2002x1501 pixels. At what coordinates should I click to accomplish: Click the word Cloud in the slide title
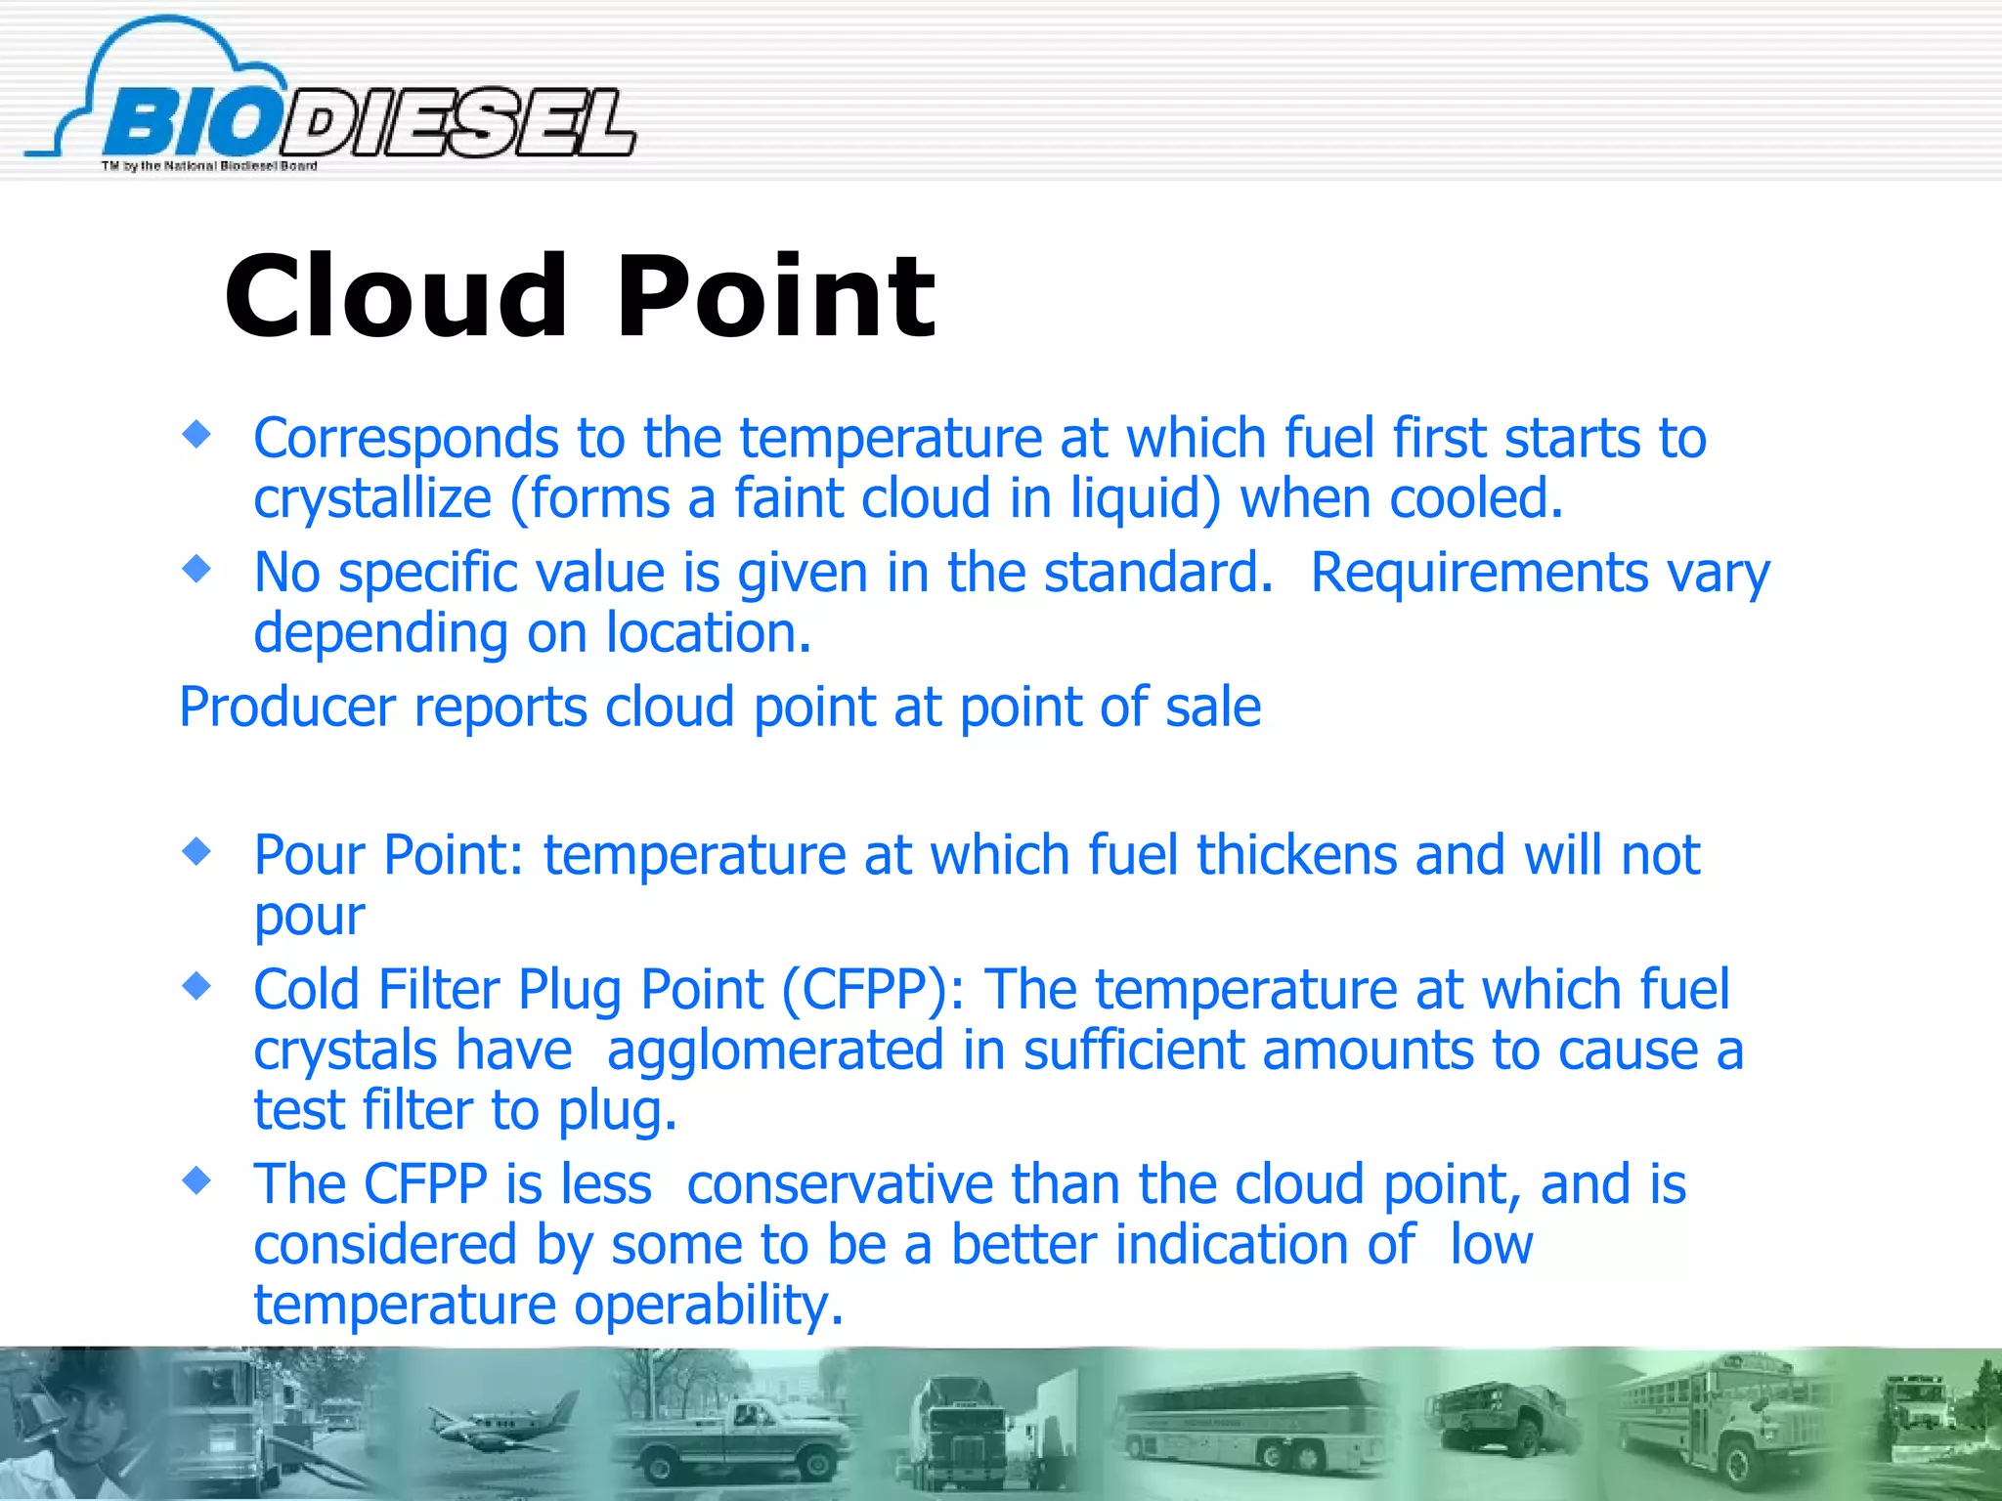pos(395,295)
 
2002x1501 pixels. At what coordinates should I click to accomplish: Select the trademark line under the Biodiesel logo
pos(209,166)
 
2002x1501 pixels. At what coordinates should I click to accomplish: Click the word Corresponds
pos(406,438)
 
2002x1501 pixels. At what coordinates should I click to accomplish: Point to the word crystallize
pos(372,498)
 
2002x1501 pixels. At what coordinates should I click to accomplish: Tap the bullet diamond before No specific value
pos(196,568)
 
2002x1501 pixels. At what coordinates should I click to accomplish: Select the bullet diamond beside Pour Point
pos(196,851)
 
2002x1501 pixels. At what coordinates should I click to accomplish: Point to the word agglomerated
pos(775,1051)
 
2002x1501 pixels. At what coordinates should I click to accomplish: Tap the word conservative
pos(840,1184)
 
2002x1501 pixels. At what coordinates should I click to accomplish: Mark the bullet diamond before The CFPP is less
pos(196,1181)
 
